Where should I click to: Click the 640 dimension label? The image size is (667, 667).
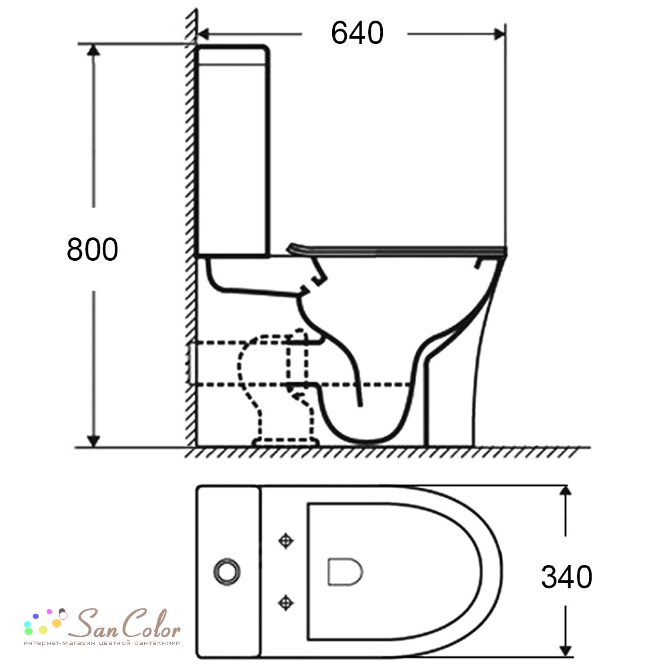(x=357, y=33)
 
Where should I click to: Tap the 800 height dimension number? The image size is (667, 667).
(x=92, y=249)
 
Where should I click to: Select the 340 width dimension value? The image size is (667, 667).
(x=566, y=577)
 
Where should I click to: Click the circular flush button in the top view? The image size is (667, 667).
(x=227, y=572)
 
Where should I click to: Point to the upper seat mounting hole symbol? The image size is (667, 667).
(x=285, y=541)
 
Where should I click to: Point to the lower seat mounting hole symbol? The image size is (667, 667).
(x=285, y=602)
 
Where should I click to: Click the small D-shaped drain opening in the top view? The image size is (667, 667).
(x=345, y=572)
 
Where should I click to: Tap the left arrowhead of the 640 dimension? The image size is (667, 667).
(x=203, y=34)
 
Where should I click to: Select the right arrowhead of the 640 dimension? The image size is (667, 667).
(x=500, y=34)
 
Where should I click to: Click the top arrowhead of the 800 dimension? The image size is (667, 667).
(x=93, y=50)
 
